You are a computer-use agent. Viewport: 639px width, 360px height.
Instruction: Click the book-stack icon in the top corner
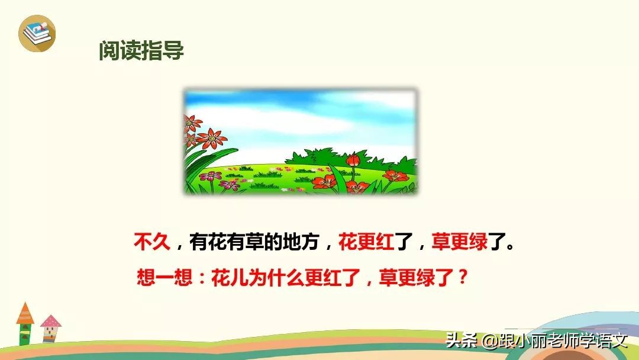pos(37,33)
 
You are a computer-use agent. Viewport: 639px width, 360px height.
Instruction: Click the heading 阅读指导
pos(141,52)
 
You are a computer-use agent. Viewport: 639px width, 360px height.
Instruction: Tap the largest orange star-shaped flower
pos(209,140)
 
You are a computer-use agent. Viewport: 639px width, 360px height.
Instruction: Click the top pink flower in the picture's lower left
pos(211,176)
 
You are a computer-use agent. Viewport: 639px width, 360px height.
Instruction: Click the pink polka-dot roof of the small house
pos(51,322)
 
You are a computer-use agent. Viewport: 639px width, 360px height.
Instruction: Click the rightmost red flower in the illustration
pos(395,176)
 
